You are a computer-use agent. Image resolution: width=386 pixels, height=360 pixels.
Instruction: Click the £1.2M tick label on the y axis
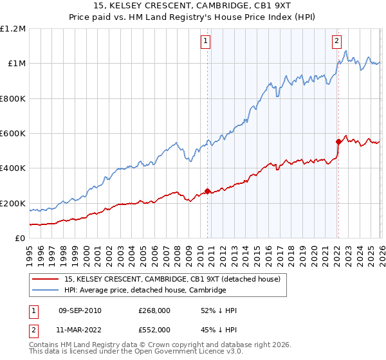(12, 29)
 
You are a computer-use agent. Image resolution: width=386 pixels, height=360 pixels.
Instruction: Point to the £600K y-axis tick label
(12, 134)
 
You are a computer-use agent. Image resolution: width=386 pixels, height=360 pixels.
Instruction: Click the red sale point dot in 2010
(207, 191)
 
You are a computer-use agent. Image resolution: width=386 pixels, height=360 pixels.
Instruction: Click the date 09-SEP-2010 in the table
(78, 310)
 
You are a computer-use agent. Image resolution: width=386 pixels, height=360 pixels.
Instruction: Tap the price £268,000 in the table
(154, 310)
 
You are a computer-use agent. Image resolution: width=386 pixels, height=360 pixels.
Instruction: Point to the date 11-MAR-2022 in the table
(78, 328)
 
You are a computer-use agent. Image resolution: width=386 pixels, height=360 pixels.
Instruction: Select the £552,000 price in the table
(154, 328)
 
